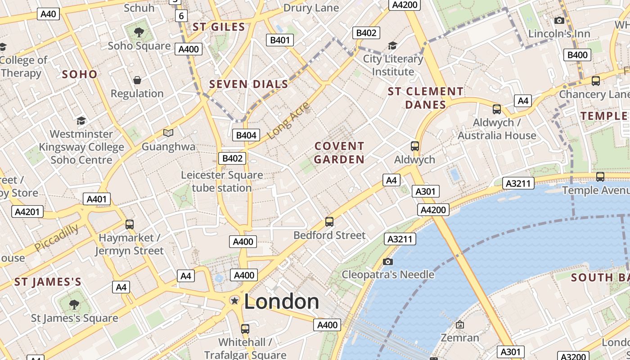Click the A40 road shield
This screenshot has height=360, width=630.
(48, 14)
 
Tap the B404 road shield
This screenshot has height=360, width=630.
(246, 135)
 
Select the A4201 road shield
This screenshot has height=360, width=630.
(27, 211)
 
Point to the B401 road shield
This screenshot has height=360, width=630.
(280, 40)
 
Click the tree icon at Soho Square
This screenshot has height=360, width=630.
(139, 32)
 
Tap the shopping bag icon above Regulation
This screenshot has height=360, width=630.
(137, 80)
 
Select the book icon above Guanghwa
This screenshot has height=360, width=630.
(168, 133)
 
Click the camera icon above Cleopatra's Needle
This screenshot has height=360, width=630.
(387, 261)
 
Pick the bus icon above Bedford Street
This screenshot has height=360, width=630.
(329, 221)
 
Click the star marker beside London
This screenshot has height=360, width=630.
(234, 300)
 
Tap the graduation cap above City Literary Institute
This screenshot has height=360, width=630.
(392, 45)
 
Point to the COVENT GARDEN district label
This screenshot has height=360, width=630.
(339, 153)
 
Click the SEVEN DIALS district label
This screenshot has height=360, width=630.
(248, 84)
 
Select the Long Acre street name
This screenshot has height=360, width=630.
(289, 121)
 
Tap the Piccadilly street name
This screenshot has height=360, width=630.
(56, 238)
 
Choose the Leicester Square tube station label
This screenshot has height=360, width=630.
(222, 181)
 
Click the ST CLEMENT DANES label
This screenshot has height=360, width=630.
(425, 98)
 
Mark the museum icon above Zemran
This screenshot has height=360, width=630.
(459, 324)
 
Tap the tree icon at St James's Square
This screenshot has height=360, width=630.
(74, 305)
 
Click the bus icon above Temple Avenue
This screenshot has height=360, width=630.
(600, 177)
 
